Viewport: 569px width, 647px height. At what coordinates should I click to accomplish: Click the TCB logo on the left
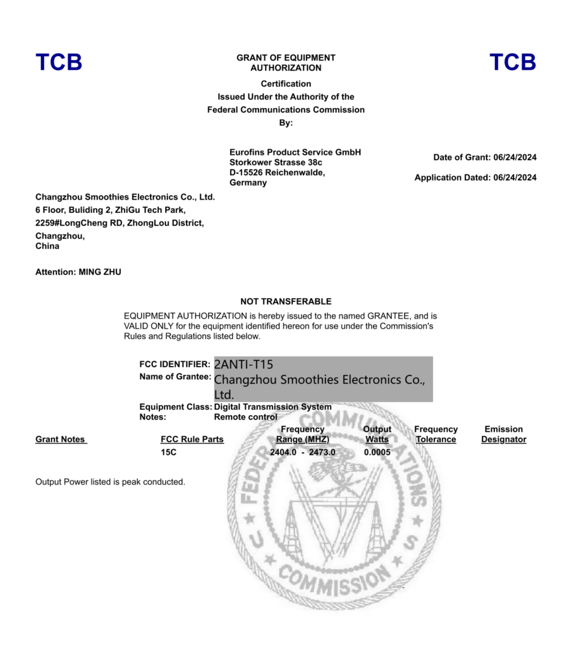59,62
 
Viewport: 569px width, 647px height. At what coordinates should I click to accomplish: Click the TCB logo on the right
513,62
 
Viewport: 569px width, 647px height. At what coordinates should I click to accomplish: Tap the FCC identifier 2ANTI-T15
243,365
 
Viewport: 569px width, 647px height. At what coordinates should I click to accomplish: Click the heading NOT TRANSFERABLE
286,301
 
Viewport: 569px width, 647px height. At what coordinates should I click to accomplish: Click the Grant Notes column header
60,439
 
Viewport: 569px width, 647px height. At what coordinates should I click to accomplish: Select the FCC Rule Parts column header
192,439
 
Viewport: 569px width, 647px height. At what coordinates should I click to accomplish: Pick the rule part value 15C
168,452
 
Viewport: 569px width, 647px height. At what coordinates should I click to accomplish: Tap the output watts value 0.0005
377,452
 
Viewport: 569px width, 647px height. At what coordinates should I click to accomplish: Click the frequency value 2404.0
283,452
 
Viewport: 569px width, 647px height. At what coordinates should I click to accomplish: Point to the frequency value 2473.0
322,452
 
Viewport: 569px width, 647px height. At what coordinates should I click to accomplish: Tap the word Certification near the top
286,84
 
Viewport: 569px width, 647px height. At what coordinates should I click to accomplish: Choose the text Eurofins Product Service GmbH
295,152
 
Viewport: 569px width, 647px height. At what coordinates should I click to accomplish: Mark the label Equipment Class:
175,407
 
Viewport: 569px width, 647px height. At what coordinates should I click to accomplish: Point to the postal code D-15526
246,172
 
